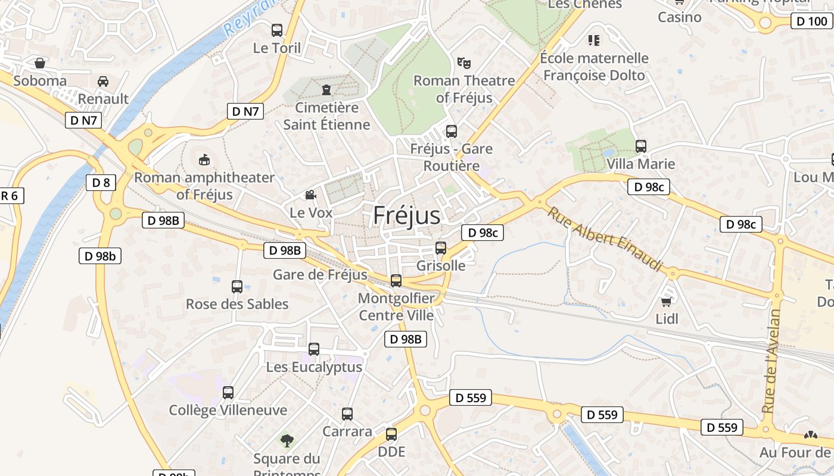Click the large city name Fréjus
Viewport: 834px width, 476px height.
coord(407,215)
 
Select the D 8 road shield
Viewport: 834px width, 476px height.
coord(101,183)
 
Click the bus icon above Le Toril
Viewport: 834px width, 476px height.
coord(277,30)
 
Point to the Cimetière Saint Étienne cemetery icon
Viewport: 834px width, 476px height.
coord(326,90)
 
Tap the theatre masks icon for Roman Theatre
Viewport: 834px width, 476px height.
coord(463,62)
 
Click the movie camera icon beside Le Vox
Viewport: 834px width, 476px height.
coord(310,195)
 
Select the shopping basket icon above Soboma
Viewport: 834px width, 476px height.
coord(40,62)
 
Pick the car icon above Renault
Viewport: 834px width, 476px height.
coord(103,81)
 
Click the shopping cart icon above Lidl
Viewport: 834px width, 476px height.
coord(667,301)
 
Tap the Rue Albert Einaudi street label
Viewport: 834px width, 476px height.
coord(604,239)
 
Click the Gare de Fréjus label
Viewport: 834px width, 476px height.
coord(320,275)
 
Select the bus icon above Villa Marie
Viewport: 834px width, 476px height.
coord(641,146)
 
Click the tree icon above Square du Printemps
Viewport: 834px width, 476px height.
coord(287,440)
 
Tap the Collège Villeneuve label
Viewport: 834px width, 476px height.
coord(228,410)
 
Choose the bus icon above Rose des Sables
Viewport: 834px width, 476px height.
coord(236,286)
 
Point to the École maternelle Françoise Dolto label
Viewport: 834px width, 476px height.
coord(594,67)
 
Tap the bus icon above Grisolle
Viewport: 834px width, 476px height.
coord(441,248)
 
